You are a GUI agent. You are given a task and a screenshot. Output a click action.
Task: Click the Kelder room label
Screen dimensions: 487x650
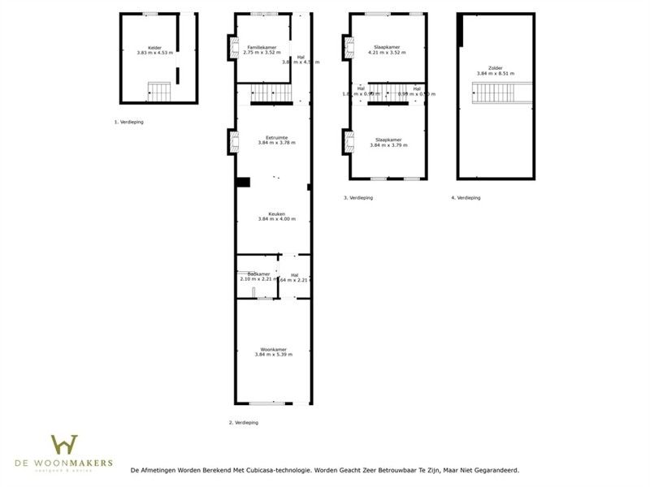click(x=154, y=48)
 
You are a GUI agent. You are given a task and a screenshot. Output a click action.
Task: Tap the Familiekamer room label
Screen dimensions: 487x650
click(x=261, y=48)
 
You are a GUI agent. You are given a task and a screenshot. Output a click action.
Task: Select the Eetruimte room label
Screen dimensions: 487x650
click(x=276, y=137)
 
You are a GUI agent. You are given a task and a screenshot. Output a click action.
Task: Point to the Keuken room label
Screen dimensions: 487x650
click(x=276, y=214)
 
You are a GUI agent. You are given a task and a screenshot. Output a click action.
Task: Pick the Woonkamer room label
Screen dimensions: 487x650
click(x=273, y=349)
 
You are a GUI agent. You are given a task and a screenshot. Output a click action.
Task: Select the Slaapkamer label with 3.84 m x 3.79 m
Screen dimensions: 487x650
click(x=388, y=140)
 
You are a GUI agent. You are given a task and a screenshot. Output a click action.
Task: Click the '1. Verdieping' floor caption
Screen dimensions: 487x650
click(x=129, y=122)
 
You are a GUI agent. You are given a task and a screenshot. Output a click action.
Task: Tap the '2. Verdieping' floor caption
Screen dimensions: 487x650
click(x=245, y=423)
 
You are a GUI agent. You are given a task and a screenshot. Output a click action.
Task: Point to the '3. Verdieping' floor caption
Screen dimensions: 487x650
click(x=358, y=197)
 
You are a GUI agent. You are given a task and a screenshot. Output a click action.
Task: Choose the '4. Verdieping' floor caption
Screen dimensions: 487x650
click(x=466, y=197)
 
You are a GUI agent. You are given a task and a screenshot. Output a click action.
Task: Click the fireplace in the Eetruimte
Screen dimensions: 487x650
click(x=233, y=144)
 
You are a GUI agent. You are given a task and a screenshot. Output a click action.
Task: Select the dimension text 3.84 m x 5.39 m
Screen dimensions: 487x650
click(x=273, y=355)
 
